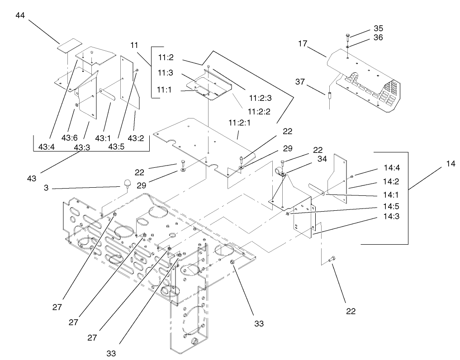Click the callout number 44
tap(20, 15)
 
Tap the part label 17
tap(303, 44)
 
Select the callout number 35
tap(378, 28)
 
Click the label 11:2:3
tap(260, 97)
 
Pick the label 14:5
tap(391, 207)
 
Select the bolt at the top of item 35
tap(347, 36)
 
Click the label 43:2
tap(136, 137)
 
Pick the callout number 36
tap(378, 38)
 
